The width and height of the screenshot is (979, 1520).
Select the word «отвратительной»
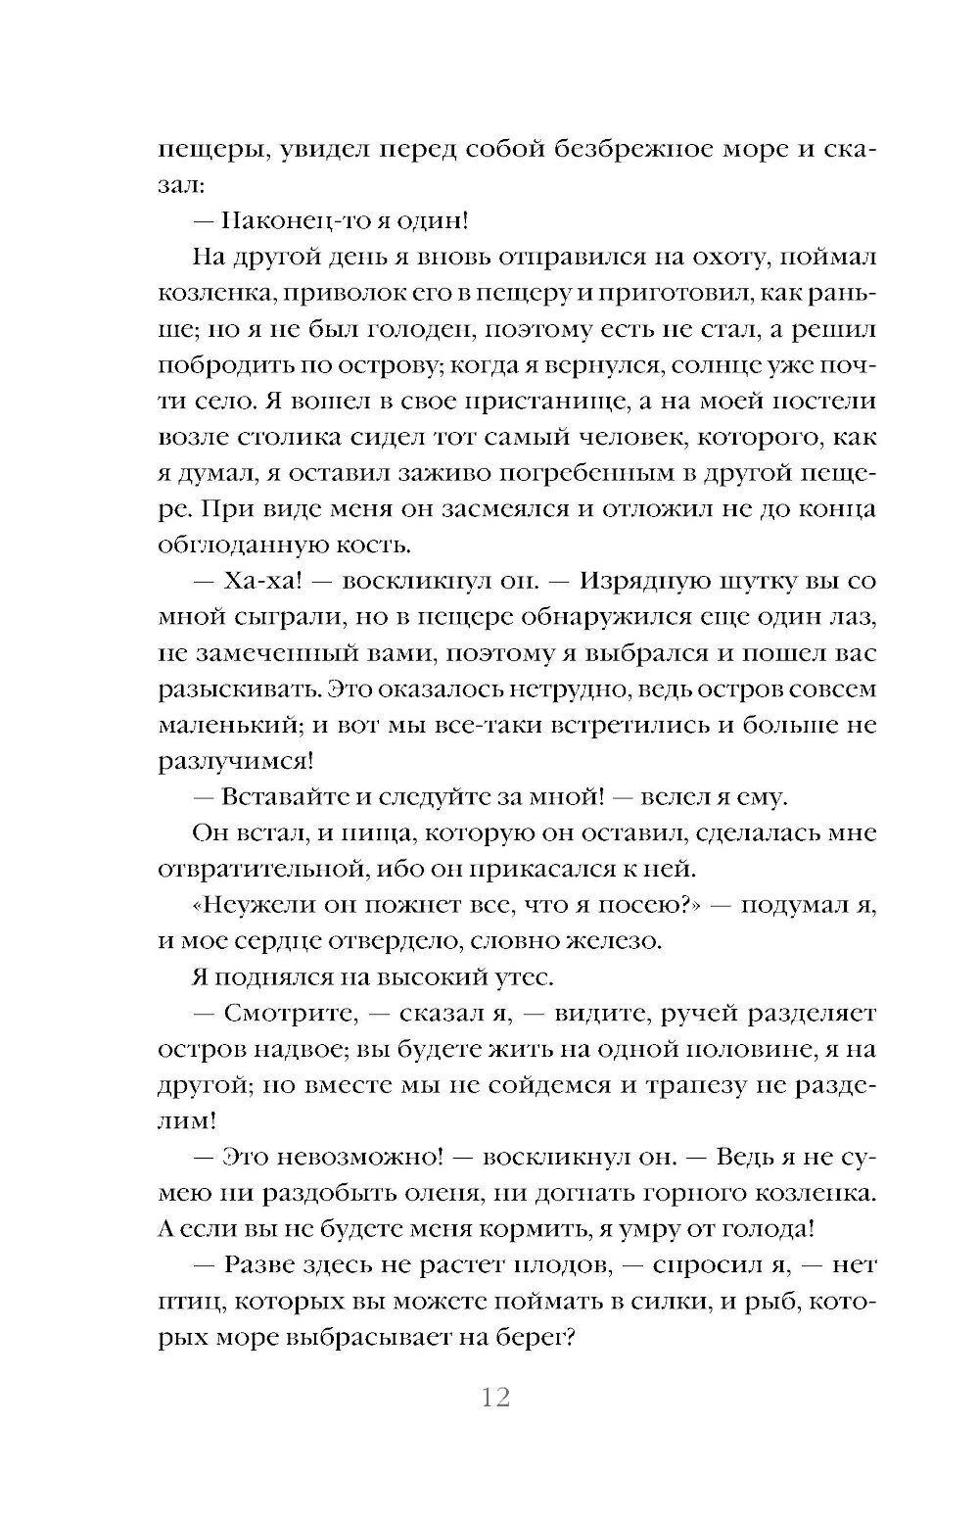coord(255,868)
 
